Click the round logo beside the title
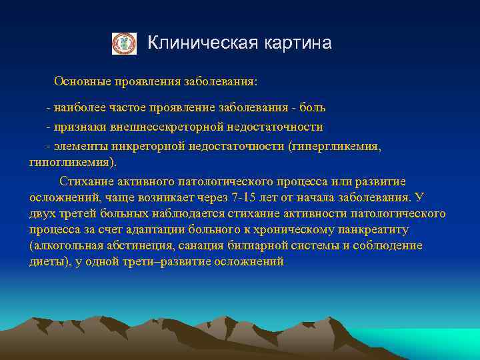123,43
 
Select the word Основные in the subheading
79,81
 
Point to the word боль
313,107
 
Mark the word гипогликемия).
73,162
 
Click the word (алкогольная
65,245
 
